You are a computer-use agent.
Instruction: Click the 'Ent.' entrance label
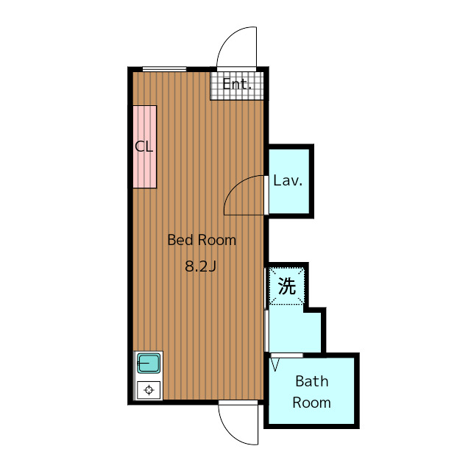click(x=237, y=84)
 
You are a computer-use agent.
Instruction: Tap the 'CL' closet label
click(x=144, y=146)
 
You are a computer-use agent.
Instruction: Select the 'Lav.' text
click(x=288, y=180)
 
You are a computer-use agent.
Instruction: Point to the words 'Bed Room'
click(x=202, y=240)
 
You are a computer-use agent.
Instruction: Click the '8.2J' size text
click(x=200, y=266)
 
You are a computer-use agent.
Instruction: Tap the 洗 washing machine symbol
click(x=287, y=286)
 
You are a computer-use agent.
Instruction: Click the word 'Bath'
click(x=312, y=381)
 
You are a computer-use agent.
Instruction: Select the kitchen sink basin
click(x=149, y=363)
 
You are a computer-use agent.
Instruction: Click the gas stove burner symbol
click(x=149, y=390)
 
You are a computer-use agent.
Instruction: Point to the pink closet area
click(x=145, y=147)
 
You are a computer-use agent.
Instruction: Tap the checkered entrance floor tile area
click(x=237, y=85)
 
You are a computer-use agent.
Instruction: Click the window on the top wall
click(x=164, y=69)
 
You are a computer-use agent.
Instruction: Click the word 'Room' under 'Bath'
click(x=312, y=403)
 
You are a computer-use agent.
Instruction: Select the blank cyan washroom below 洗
click(x=294, y=329)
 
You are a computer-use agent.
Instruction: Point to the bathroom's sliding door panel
click(x=287, y=355)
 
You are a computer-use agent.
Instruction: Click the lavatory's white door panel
click(x=266, y=195)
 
